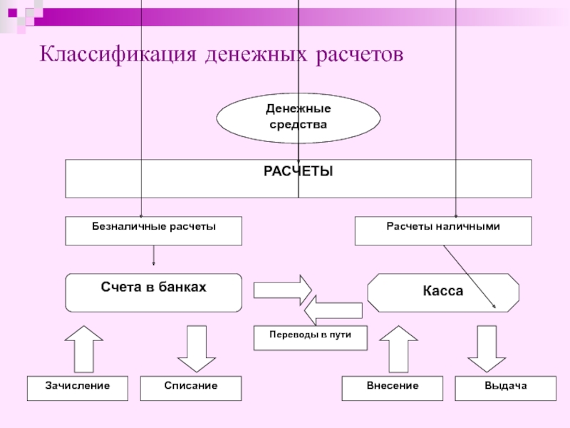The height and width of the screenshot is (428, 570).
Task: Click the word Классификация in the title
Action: pos(118,55)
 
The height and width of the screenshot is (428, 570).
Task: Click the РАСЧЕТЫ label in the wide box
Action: pos(298,171)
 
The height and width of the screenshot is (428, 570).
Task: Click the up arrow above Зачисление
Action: pos(84,349)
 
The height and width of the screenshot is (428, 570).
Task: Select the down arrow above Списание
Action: pos(197,349)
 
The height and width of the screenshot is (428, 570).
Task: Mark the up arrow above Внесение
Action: pos(398,349)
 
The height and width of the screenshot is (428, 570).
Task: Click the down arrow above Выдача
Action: pos(487,349)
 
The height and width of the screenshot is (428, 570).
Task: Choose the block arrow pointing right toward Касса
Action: pos(283,290)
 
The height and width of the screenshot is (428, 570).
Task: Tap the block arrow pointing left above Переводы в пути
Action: pos(333,310)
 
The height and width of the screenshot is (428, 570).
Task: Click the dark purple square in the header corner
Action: pos(12,13)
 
